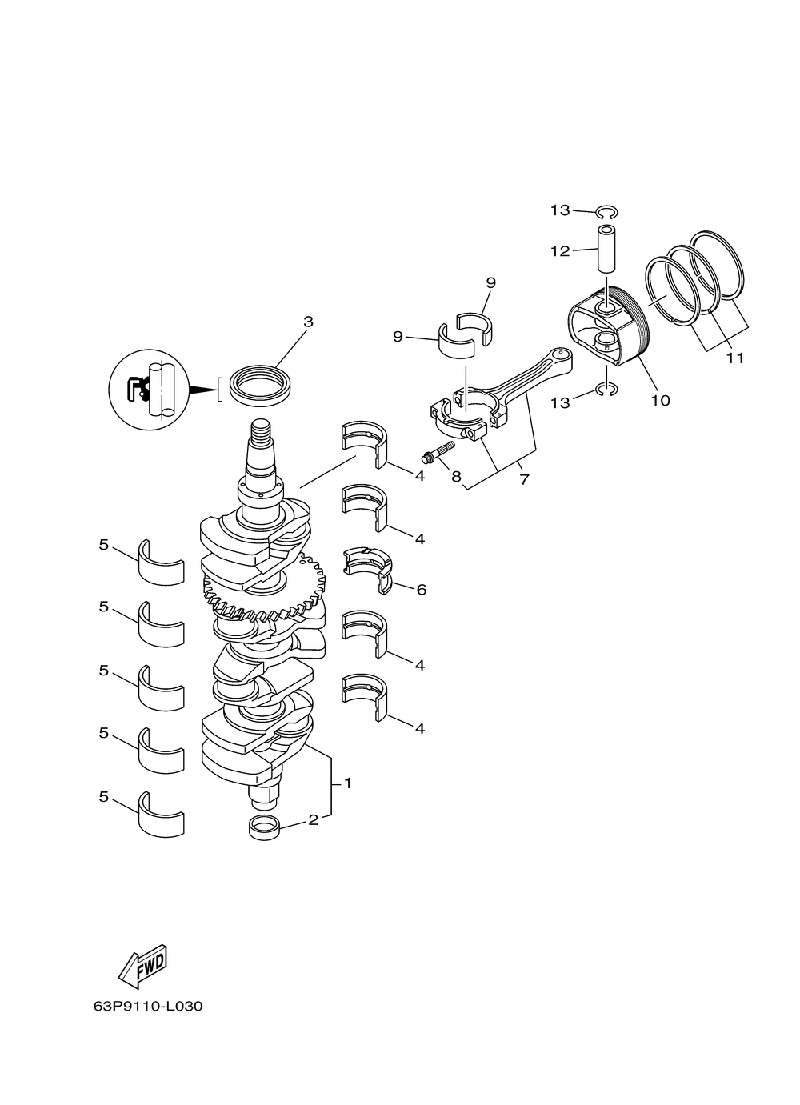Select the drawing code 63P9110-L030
tap(147, 1006)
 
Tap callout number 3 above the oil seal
tap(308, 322)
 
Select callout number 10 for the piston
tap(660, 400)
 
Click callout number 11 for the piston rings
tap(734, 358)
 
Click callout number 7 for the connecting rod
tap(524, 479)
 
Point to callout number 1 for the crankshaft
tap(347, 783)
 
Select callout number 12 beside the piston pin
tap(560, 251)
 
